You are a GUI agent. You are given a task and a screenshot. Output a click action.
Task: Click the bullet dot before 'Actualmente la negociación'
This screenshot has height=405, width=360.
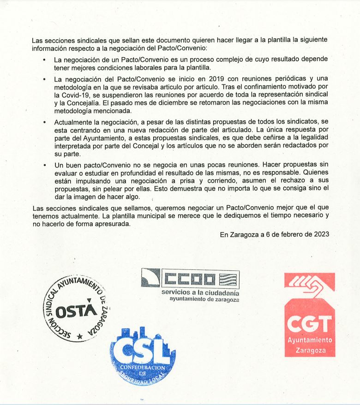(44, 123)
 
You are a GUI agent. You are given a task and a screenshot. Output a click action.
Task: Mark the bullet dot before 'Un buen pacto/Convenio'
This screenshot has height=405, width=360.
(44, 165)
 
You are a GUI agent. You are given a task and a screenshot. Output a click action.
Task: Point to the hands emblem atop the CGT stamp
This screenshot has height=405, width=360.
(309, 284)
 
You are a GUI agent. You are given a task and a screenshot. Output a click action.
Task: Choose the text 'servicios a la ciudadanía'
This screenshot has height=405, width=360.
(200, 292)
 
